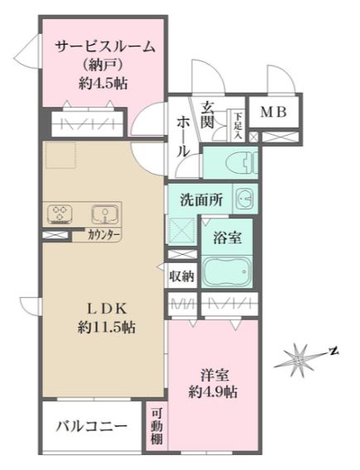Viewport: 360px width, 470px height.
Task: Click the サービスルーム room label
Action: click(x=105, y=47)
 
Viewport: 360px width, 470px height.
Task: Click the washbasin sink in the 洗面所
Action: click(x=244, y=199)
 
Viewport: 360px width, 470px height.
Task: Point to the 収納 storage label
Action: click(x=182, y=276)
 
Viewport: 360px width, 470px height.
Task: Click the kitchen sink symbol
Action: click(x=103, y=214)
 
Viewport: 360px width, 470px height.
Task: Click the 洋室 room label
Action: click(x=213, y=373)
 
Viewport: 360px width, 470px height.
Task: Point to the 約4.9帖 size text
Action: click(x=213, y=391)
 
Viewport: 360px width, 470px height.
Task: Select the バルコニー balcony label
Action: click(x=92, y=427)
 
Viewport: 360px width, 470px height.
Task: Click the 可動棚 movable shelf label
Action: click(x=156, y=428)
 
